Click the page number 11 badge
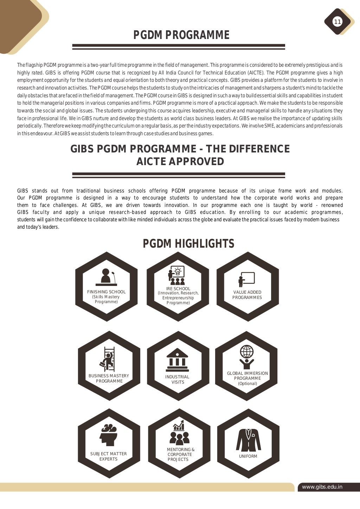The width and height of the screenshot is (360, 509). point(337,22)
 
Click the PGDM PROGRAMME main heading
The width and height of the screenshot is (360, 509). point(181,35)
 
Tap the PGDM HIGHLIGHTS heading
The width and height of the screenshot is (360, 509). point(188,243)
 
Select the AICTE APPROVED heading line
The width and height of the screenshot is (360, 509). point(180,162)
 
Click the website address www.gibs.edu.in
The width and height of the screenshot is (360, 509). point(322,487)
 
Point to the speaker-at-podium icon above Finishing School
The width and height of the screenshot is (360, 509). point(107,277)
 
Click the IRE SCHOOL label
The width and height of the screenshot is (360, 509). point(178,289)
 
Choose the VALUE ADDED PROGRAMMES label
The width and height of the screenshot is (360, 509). point(247,295)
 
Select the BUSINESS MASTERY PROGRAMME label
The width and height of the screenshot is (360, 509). point(109,378)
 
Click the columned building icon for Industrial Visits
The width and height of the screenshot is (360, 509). point(178,360)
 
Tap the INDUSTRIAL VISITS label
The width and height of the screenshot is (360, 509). point(178,379)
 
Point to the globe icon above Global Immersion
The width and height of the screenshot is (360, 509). point(247,351)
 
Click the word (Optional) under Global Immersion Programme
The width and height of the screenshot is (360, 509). point(247,384)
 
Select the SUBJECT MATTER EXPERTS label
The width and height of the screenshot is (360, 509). point(108,456)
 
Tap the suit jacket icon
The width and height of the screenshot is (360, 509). point(248,440)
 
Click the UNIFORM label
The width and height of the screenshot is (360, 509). point(248,456)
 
